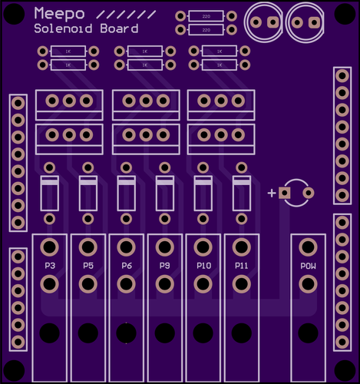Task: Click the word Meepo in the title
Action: coord(59,14)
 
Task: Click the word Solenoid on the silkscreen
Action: coord(63,28)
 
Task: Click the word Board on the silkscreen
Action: coord(119,28)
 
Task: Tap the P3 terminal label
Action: coord(50,266)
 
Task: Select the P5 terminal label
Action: coord(88,266)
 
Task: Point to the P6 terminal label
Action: coord(127,266)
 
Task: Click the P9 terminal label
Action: coord(165,266)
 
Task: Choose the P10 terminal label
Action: coord(204,266)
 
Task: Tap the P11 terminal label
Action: coord(242,266)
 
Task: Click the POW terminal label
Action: coord(308,266)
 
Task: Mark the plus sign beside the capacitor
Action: coord(272,193)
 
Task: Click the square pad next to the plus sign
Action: coord(285,193)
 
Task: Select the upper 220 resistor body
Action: coord(206,16)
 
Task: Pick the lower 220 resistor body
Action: coord(206,30)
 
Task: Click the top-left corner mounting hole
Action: coord(14,14)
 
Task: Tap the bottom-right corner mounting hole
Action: coord(345,370)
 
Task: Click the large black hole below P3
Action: coord(49,333)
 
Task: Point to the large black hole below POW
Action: coord(308,333)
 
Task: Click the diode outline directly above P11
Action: coord(242,194)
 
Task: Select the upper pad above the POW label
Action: coord(308,247)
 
